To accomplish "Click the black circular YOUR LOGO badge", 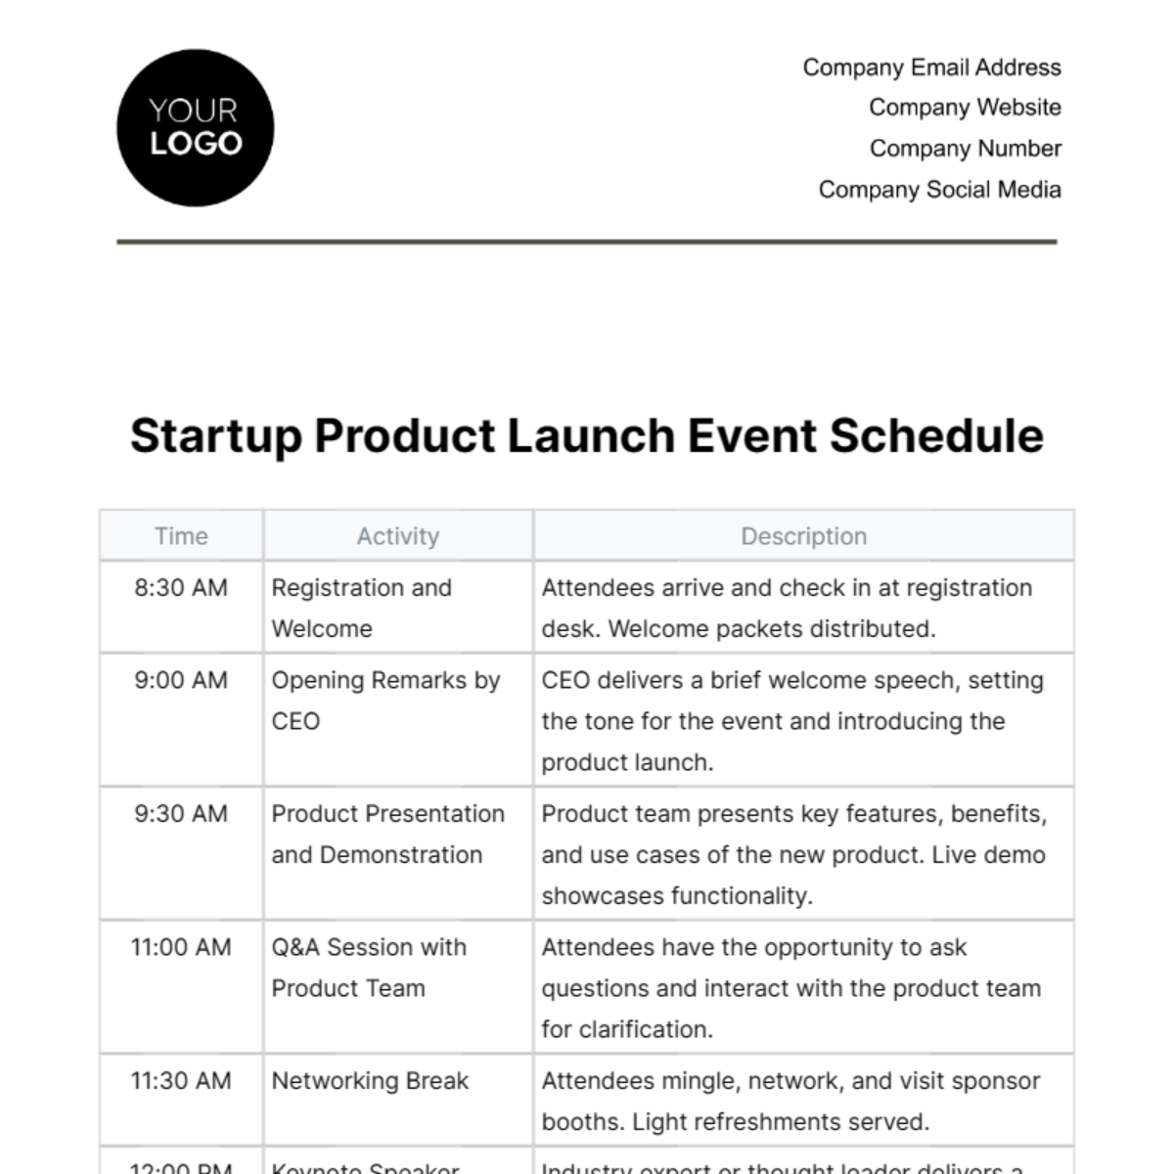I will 196,128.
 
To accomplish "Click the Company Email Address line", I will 931,68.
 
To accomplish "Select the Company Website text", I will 965,108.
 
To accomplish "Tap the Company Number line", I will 965,149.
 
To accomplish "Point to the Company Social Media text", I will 939,190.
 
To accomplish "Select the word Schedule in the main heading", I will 936,436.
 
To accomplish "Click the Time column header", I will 181,536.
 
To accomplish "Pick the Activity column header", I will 397,536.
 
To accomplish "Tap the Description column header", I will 803,536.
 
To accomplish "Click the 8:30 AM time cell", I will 181,588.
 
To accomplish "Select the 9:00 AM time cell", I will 181,680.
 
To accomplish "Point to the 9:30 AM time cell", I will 181,814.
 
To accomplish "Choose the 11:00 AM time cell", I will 181,947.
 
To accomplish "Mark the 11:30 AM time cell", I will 181,1081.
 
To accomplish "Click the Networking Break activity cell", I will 370,1081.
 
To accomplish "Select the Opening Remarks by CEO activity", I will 385,700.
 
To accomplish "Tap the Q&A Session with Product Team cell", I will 369,967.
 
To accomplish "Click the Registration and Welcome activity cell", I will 361,608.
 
